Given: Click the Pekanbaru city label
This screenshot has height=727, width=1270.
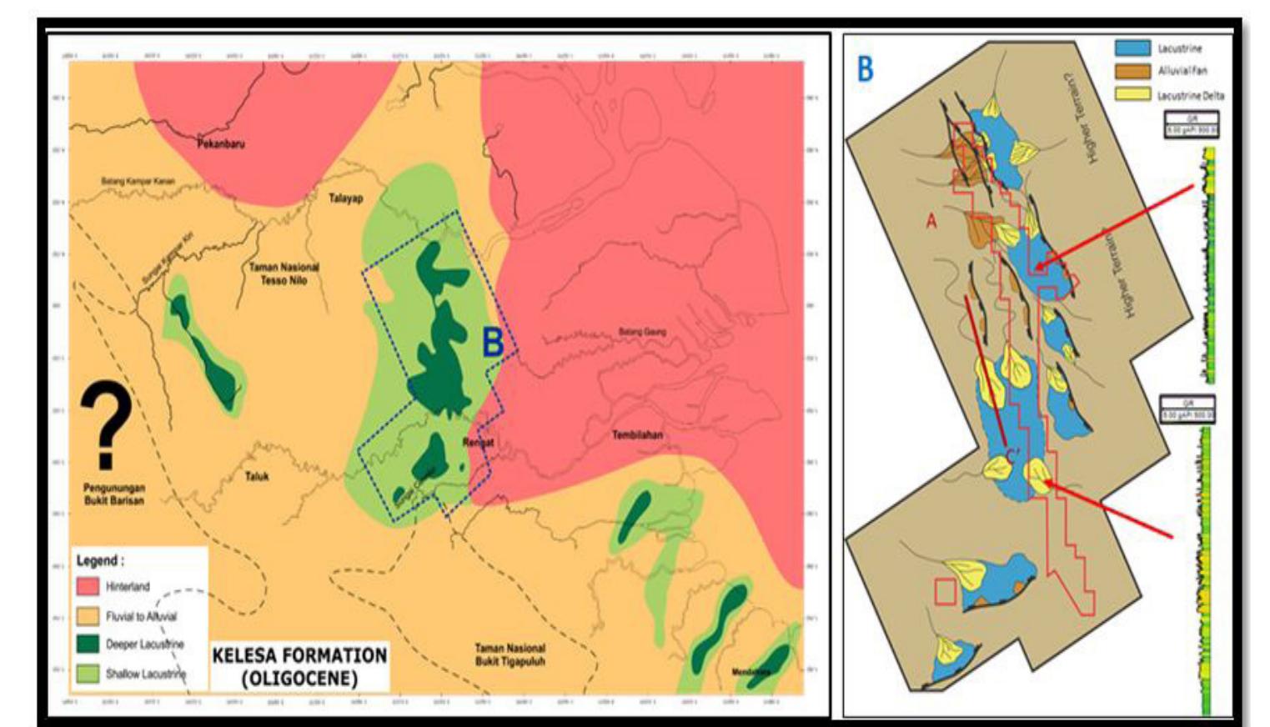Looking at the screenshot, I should tap(221, 144).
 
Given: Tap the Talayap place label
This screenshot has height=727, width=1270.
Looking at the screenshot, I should tap(345, 198).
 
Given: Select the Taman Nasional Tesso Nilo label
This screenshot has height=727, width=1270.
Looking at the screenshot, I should tap(284, 274).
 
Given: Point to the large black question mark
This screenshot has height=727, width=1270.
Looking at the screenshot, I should tap(106, 425).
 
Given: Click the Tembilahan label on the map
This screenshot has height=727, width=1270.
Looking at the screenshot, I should tap(638, 435).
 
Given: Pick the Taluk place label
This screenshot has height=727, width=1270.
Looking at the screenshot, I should tap(257, 477).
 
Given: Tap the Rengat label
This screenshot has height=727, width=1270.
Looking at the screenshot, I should tap(478, 442).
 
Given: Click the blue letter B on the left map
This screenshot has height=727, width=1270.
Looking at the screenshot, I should tap(493, 342).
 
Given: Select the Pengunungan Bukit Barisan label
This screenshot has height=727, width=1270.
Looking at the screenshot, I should tap(114, 494).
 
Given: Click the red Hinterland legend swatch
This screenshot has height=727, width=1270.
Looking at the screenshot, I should tap(88, 587).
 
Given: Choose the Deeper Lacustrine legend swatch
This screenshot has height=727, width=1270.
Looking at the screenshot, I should tap(88, 644).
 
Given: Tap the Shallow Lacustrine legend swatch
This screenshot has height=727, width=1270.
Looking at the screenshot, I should tap(88, 673).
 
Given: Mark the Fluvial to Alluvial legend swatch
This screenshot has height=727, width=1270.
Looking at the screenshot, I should tap(88, 616).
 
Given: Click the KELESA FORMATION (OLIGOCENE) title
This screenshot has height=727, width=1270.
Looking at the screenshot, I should tap(299, 666).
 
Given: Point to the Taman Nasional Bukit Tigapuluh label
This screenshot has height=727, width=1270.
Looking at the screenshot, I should tap(510, 654).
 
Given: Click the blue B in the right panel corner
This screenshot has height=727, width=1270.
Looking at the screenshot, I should tap(866, 69).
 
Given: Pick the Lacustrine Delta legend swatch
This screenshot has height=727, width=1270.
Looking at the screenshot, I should tap(1132, 95).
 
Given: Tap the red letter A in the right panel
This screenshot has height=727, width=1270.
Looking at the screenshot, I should tap(931, 220).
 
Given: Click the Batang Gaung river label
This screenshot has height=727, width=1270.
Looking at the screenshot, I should tap(642, 332).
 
